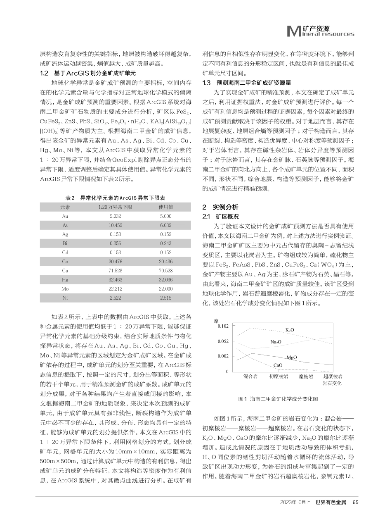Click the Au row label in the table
65,216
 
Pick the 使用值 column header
165,207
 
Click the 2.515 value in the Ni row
165,298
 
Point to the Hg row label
65,280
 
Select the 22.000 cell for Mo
165,289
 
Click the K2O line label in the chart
290,330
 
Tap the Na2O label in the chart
276,342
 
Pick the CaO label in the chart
278,365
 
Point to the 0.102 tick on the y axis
222,327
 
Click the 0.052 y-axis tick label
222,341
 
